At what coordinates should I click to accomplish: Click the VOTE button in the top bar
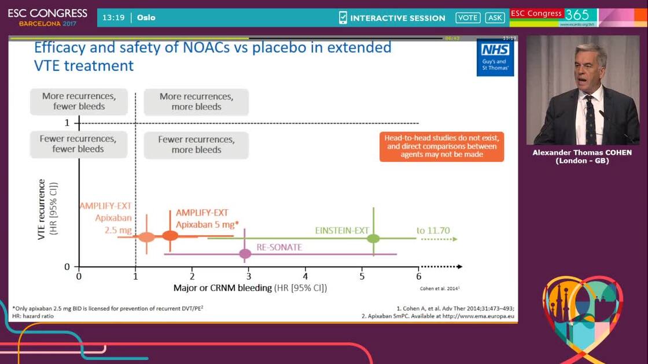click(x=467, y=17)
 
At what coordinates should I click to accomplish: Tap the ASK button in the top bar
click(x=495, y=17)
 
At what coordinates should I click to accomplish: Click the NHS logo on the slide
click(x=495, y=57)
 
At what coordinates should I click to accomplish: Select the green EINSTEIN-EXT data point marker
click(x=373, y=238)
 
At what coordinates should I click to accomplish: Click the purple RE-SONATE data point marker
click(x=245, y=253)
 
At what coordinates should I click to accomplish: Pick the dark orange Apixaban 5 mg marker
click(x=170, y=235)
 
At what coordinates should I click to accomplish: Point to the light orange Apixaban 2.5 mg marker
click(x=147, y=237)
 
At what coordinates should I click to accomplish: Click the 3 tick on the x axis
click(x=249, y=276)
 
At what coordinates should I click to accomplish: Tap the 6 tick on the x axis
click(x=418, y=276)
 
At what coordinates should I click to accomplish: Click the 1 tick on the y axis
click(x=67, y=123)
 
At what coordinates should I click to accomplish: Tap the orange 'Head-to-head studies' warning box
click(x=442, y=147)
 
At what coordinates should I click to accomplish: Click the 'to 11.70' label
click(x=433, y=231)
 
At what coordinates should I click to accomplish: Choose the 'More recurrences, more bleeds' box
click(x=196, y=102)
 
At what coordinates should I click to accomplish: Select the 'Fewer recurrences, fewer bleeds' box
click(x=78, y=144)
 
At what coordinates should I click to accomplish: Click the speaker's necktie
click(x=590, y=118)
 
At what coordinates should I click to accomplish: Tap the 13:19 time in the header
click(x=113, y=17)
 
